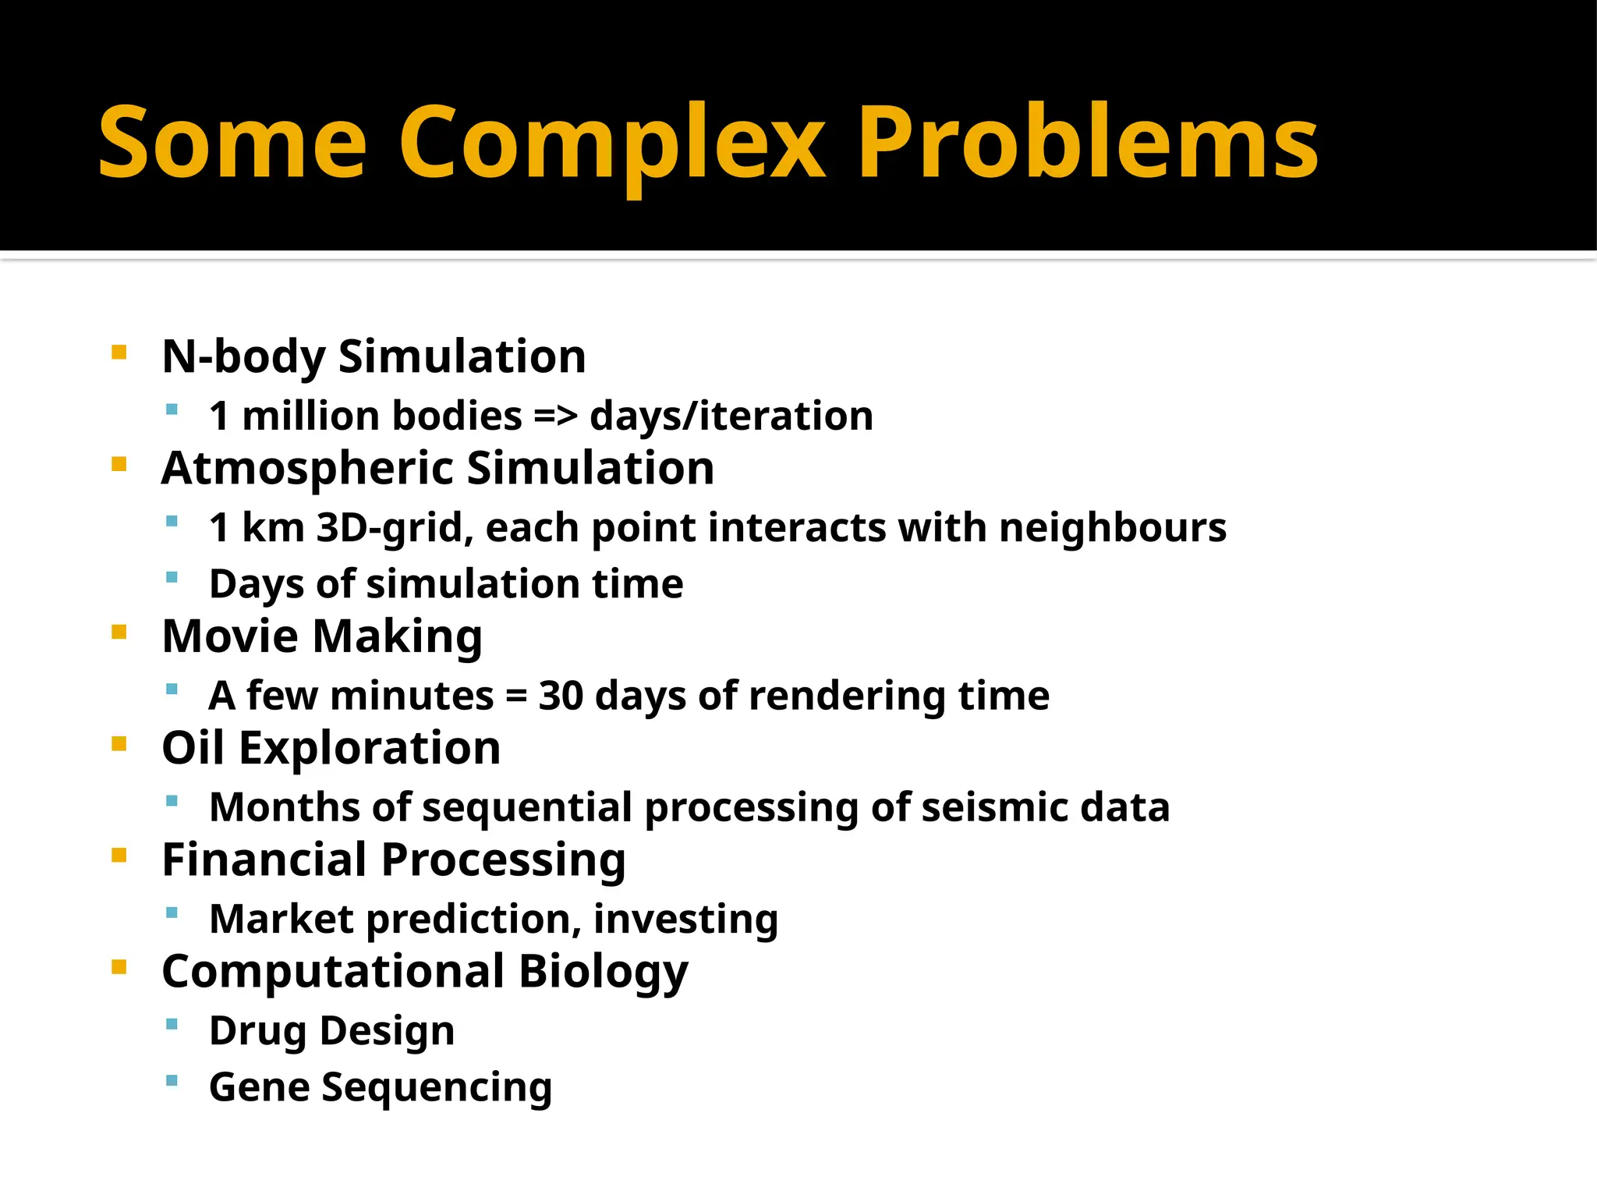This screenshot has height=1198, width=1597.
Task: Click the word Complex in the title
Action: tap(612, 144)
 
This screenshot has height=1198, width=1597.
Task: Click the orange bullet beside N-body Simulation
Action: tap(119, 353)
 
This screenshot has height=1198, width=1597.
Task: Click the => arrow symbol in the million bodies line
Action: tap(555, 416)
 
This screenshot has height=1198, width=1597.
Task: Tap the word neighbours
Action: tap(1113, 527)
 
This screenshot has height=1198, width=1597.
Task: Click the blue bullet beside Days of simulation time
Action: tap(172, 578)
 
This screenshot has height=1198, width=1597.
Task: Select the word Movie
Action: tap(230, 636)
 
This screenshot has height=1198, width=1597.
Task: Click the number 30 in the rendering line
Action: tap(561, 696)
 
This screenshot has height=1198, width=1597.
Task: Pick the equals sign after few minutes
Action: tap(515, 696)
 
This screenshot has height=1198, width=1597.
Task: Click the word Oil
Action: tap(193, 748)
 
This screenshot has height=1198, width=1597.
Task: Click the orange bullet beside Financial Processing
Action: tap(119, 856)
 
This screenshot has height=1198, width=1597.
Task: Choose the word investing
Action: tap(685, 920)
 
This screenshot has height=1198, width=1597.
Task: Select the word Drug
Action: tap(258, 1031)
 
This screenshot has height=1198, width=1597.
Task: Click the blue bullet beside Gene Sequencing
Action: tap(172, 1081)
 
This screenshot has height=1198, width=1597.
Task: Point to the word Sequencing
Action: tap(437, 1088)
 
